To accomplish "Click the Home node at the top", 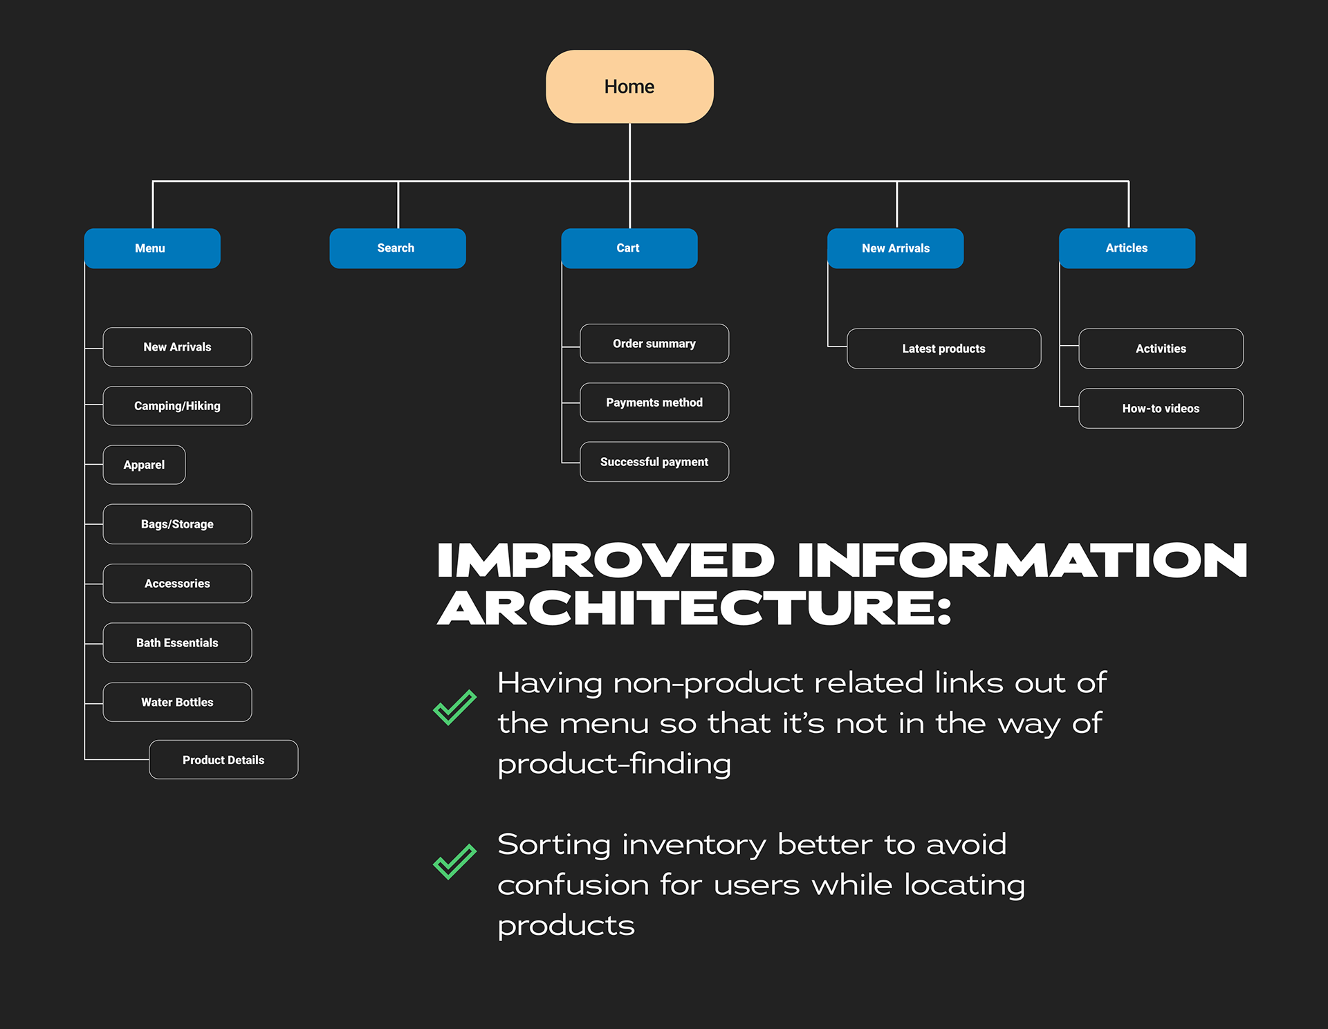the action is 629,86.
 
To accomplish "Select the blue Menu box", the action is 152,248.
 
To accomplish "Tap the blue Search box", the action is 398,248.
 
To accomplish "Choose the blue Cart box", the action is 629,248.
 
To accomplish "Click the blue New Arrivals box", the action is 896,248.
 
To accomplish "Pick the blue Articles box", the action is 1127,248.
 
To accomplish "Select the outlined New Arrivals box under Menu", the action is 177,347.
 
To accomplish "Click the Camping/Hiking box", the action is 177,406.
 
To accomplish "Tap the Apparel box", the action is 144,465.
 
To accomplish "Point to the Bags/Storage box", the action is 177,524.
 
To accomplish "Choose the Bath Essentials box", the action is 177,643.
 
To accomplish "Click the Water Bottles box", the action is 177,702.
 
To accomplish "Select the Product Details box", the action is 223,760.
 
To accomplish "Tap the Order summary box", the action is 654,344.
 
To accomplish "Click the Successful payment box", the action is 654,462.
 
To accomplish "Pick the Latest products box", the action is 944,349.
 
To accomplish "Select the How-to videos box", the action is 1161,409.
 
